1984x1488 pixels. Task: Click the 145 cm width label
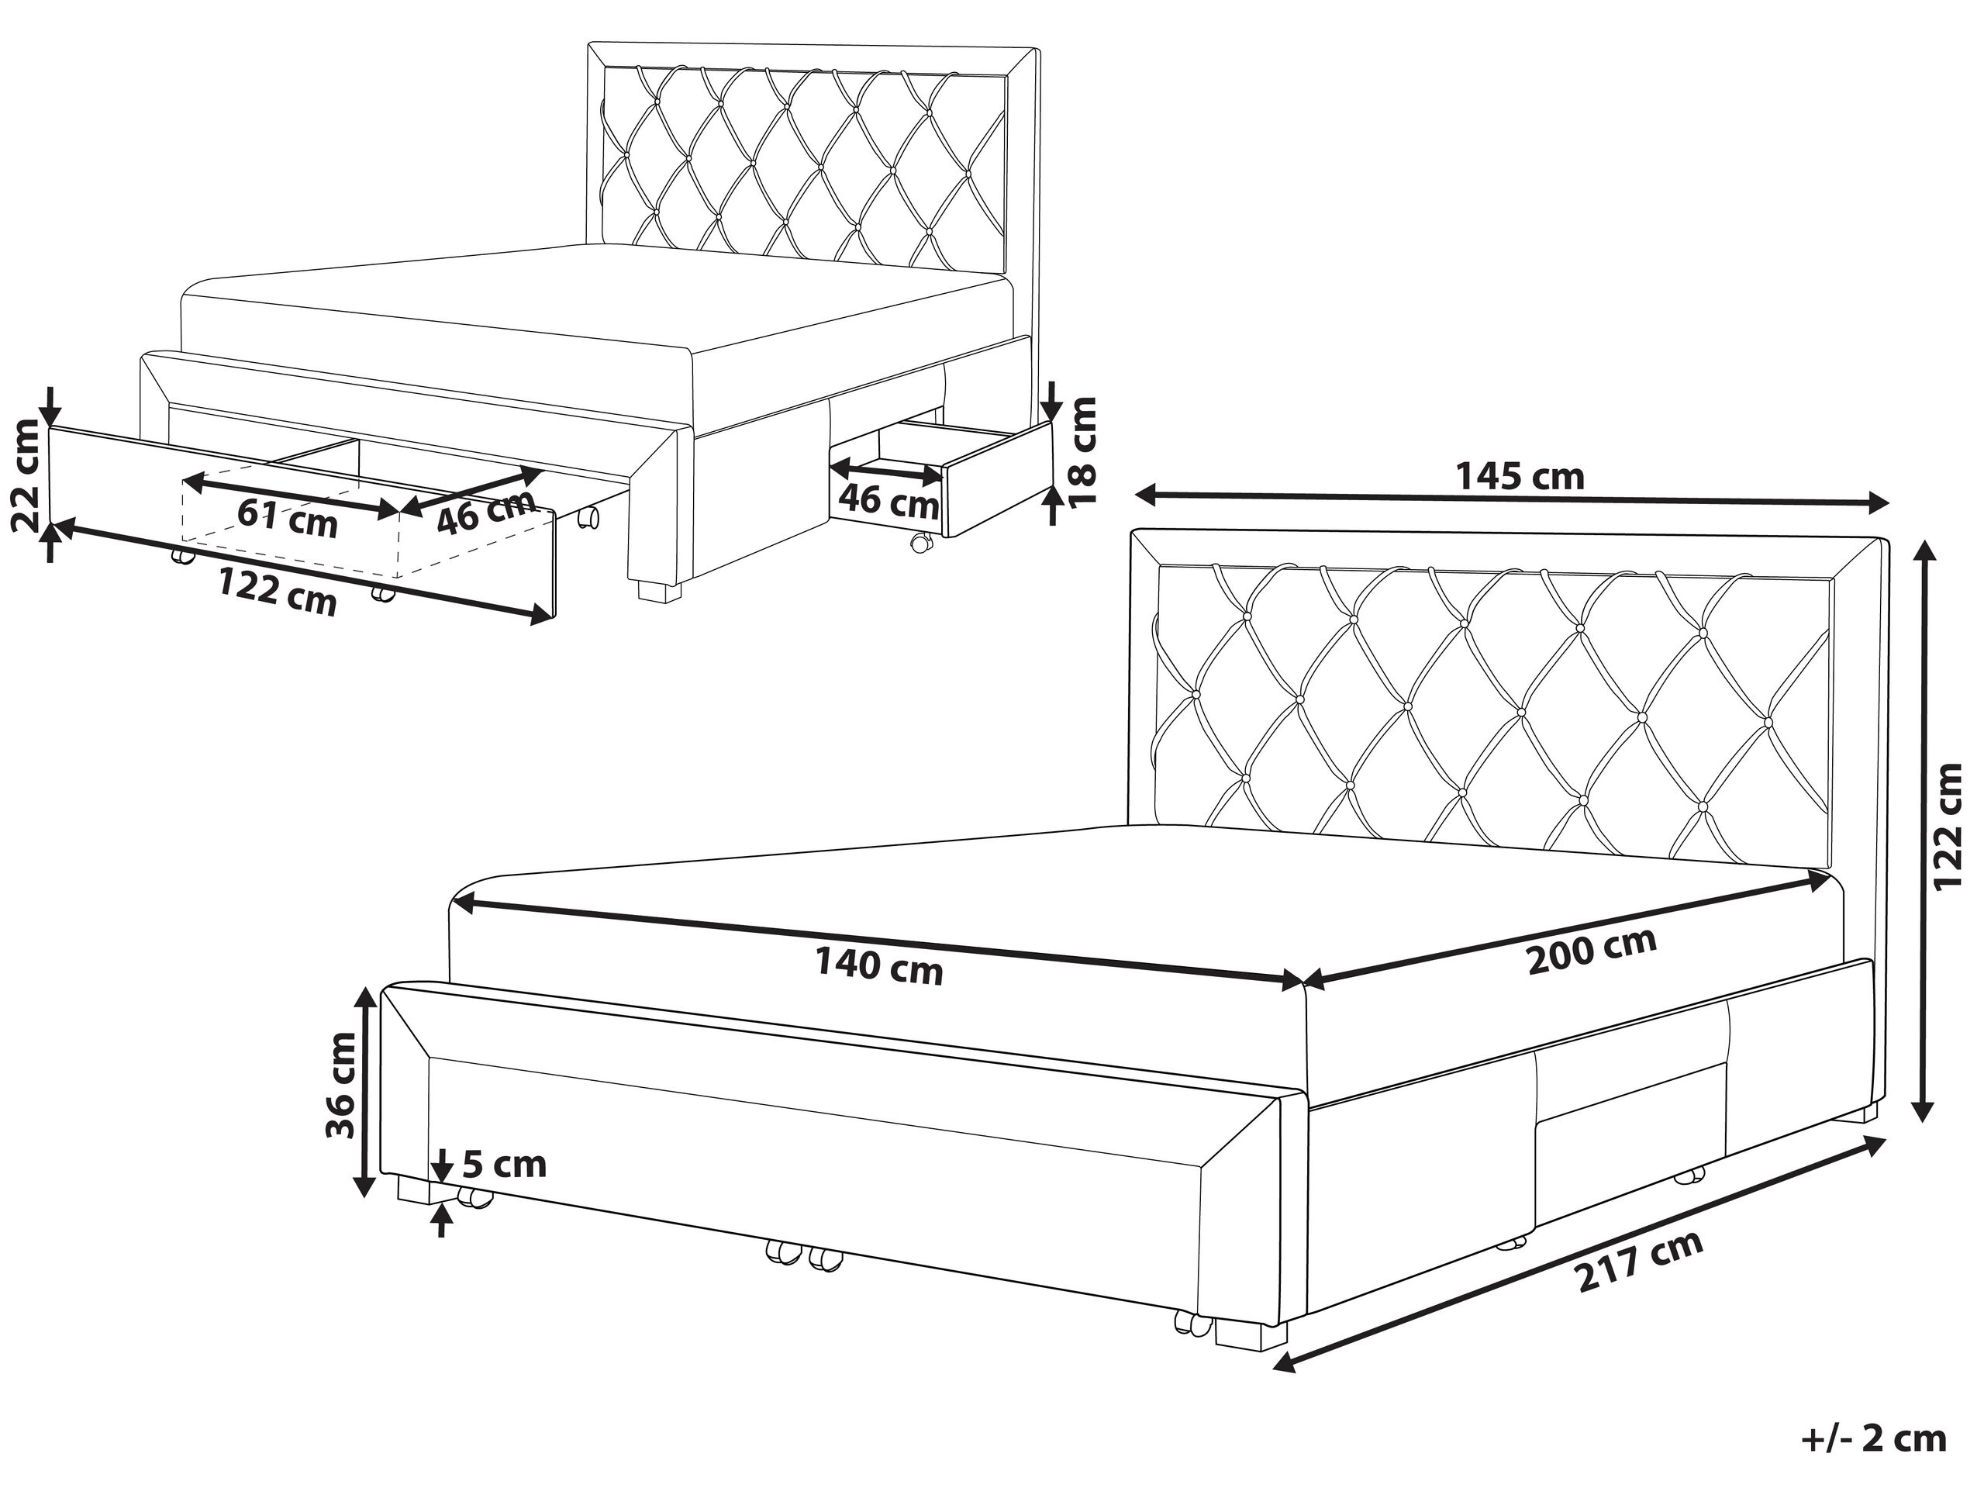(x=1519, y=476)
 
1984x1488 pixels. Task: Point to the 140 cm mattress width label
(x=879, y=968)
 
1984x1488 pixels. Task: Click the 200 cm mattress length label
(x=1592, y=954)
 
